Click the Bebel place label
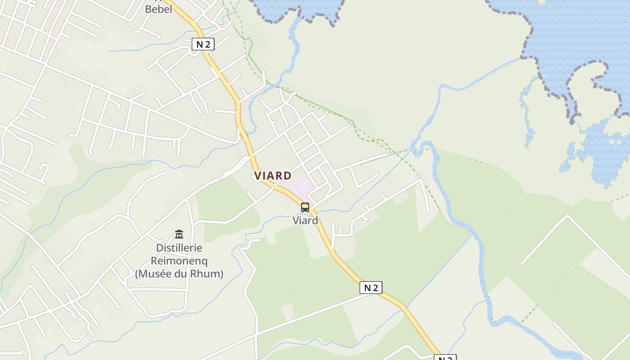(x=158, y=9)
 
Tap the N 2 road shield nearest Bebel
(x=203, y=44)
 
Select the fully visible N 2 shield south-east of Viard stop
(x=371, y=288)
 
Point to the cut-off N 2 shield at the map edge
(x=445, y=358)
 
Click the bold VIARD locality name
(x=273, y=176)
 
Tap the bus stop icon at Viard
(x=305, y=207)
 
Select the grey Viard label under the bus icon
(x=305, y=220)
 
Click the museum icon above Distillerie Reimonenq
(x=179, y=234)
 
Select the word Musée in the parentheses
(x=155, y=274)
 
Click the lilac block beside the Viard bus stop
(x=303, y=186)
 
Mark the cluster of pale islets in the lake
(x=613, y=142)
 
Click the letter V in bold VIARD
(x=257, y=176)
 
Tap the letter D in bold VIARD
(x=288, y=176)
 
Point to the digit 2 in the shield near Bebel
(x=207, y=44)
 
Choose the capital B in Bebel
(x=148, y=9)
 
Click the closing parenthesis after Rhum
(x=221, y=274)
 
